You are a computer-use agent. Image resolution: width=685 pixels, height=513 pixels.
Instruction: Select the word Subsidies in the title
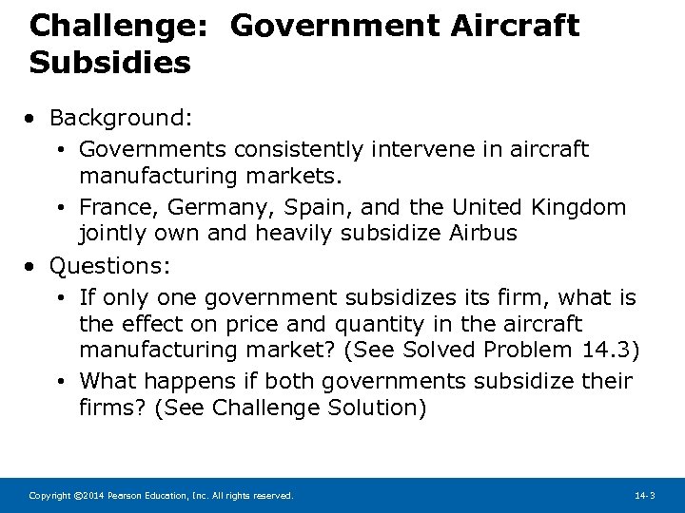[x=109, y=63]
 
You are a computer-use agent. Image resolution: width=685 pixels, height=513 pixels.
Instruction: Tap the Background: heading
[x=121, y=118]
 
